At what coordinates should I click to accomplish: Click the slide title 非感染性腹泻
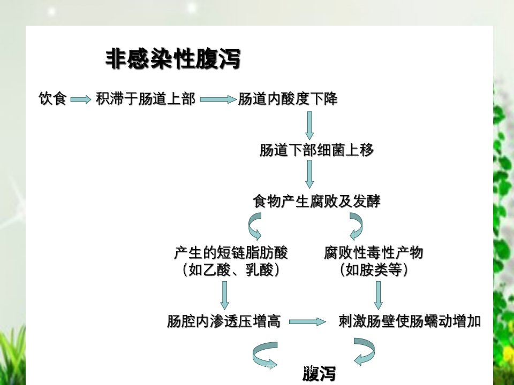(x=173, y=59)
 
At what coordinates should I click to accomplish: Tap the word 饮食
(x=53, y=98)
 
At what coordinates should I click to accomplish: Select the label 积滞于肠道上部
(x=146, y=98)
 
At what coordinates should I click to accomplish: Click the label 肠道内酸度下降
(x=288, y=98)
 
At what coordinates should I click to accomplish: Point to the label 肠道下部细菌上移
(x=316, y=150)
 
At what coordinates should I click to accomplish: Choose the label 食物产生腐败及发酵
(x=316, y=201)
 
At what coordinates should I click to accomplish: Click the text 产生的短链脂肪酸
(x=231, y=253)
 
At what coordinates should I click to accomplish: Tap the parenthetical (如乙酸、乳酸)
(x=231, y=269)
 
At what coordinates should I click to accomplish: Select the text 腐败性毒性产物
(x=374, y=253)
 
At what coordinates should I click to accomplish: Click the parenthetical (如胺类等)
(x=374, y=269)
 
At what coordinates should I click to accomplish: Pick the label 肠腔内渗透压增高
(x=224, y=321)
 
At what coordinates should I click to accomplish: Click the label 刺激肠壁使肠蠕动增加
(x=410, y=321)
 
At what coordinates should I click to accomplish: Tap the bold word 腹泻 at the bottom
(x=319, y=374)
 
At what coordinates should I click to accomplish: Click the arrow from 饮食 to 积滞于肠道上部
(x=81, y=99)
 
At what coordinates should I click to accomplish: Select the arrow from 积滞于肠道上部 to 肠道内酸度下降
(x=218, y=99)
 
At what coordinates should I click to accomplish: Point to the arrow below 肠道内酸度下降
(x=309, y=126)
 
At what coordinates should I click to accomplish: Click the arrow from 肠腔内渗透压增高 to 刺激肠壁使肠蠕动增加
(x=307, y=322)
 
